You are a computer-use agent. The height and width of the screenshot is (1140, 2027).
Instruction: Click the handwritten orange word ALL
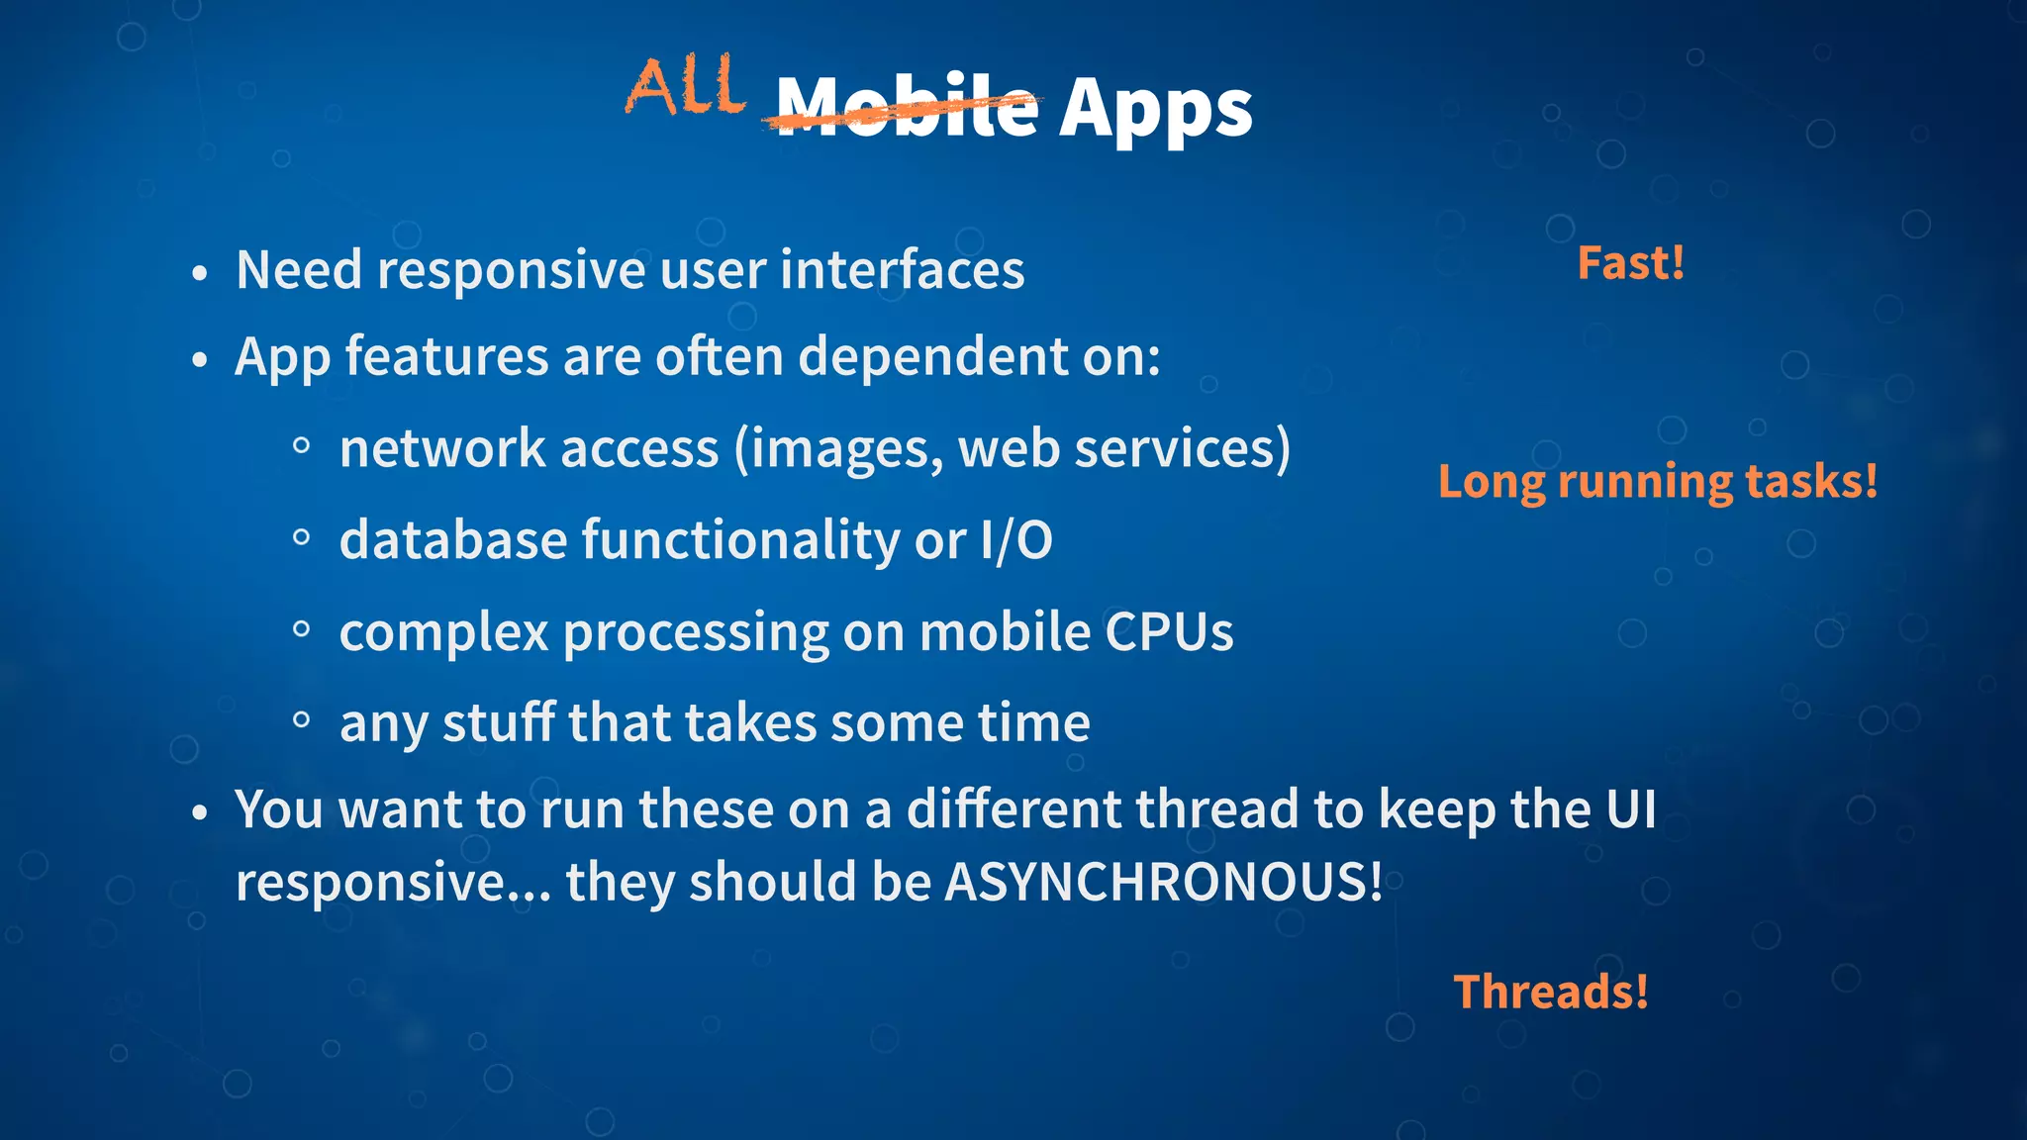pyautogui.click(x=685, y=87)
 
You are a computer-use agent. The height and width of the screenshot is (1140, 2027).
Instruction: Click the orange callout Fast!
pyautogui.click(x=1630, y=263)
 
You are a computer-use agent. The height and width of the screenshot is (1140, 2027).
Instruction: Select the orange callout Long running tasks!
pyautogui.click(x=1657, y=482)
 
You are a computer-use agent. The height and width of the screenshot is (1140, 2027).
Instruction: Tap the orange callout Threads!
pyautogui.click(x=1550, y=992)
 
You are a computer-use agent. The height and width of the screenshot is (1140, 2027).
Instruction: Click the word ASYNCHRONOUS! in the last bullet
pyautogui.click(x=1163, y=881)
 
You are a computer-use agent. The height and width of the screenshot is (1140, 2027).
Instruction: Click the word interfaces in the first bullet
pyautogui.click(x=902, y=270)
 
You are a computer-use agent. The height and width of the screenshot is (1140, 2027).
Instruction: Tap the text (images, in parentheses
pyautogui.click(x=838, y=450)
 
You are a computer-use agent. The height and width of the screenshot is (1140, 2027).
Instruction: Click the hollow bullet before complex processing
pyautogui.click(x=302, y=629)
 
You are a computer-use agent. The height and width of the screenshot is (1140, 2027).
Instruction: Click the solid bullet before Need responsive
pyautogui.click(x=200, y=272)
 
